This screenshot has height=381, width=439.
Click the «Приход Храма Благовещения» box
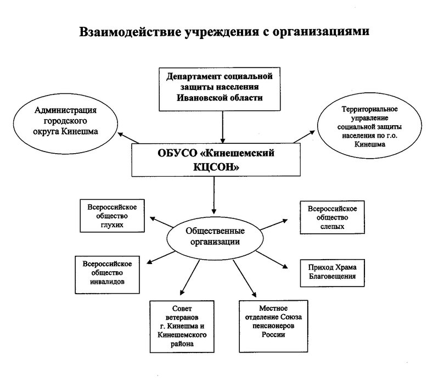tap(329, 272)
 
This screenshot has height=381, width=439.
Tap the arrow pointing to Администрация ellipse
tap(126, 137)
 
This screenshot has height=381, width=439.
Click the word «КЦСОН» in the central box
tap(219, 170)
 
